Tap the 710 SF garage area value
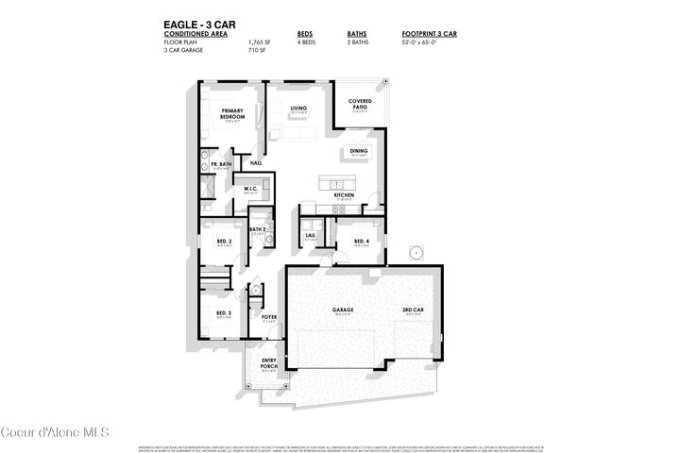click(x=254, y=50)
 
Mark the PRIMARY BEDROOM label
click(x=233, y=114)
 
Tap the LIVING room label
click(x=299, y=109)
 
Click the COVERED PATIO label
click(x=360, y=104)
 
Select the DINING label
click(x=359, y=150)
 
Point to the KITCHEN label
click(x=344, y=195)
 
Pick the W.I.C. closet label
click(x=251, y=189)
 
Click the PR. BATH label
click(x=221, y=164)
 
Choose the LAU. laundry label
click(x=310, y=235)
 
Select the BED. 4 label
click(x=361, y=241)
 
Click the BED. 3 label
click(x=223, y=312)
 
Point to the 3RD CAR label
click(x=413, y=309)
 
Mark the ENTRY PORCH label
click(x=268, y=362)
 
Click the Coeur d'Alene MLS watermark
click(x=56, y=432)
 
